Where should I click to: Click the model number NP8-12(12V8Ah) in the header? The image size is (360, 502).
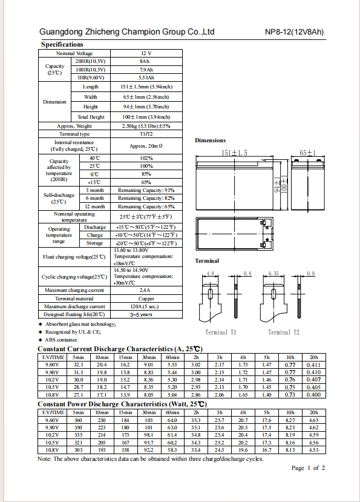pos(294,32)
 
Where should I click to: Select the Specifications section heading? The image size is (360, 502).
pos(62,44)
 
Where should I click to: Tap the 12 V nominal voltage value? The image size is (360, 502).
pos(146,53)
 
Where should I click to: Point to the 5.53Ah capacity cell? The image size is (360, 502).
pos(146,78)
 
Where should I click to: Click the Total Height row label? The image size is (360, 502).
pos(91,117)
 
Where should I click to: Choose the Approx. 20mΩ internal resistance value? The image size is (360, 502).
pos(146,146)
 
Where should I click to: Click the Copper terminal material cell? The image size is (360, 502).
pos(146,299)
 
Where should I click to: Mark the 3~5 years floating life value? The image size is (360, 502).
pos(141,314)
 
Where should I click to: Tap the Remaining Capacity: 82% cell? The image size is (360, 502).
pos(146,198)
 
